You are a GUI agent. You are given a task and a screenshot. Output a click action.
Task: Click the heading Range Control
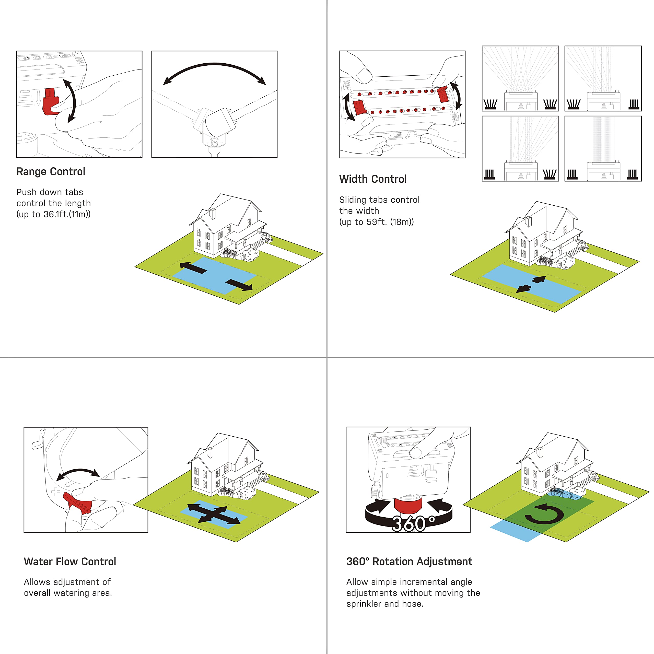point(51,172)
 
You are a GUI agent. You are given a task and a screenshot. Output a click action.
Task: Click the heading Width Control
point(373,179)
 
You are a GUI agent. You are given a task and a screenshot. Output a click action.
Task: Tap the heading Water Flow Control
point(70,562)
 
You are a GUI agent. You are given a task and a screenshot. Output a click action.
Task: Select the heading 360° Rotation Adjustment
point(409,562)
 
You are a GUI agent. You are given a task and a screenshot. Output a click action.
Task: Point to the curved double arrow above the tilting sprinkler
point(214,68)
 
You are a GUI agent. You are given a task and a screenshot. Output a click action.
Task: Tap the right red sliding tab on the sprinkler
point(443,94)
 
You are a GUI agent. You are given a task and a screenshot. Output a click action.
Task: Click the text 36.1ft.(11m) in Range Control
point(66,214)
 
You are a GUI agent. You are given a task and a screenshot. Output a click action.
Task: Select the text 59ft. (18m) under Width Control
point(389,222)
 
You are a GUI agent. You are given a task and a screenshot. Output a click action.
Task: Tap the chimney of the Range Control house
point(213,214)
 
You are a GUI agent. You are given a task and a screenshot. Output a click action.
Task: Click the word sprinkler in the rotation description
point(364,604)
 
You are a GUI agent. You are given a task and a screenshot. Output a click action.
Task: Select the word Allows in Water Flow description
point(37,582)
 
